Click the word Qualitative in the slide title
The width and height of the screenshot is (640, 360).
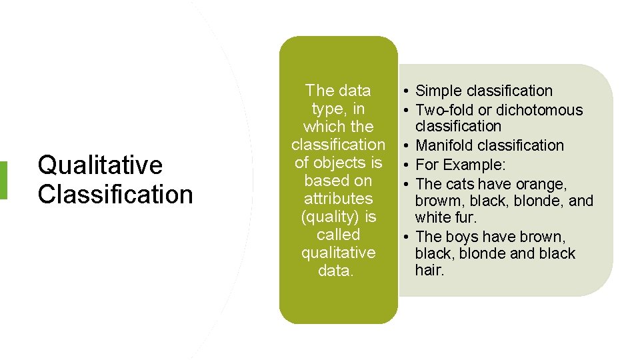100,165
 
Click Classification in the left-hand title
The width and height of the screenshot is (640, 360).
115,195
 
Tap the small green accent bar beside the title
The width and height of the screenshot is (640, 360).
3,180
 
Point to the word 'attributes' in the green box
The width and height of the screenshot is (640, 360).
338,199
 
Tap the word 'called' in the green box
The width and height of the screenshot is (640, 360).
338,235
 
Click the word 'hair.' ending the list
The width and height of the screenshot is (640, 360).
429,270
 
